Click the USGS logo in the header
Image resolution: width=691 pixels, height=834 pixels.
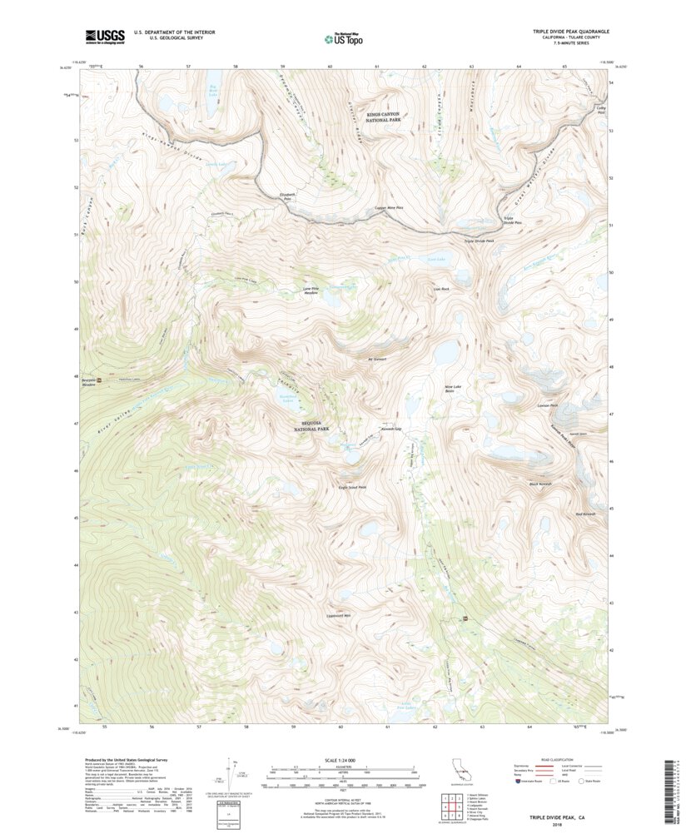coord(104,36)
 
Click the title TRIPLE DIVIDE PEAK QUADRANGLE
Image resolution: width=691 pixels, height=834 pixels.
coord(571,31)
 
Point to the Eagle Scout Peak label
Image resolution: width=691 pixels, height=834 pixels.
coord(352,488)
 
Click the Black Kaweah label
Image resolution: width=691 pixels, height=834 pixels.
coord(540,484)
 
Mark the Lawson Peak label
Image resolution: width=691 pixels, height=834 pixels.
coord(547,405)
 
